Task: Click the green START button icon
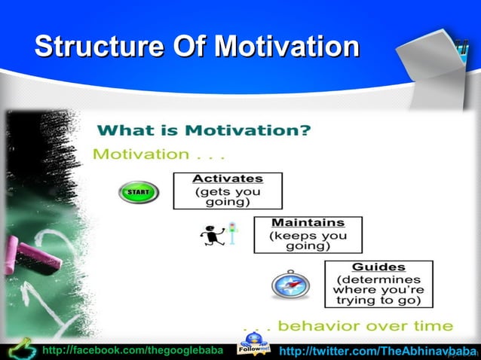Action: click(x=139, y=193)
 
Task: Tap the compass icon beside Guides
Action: click(x=290, y=285)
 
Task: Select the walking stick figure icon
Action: click(x=210, y=236)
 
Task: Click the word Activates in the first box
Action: click(x=228, y=179)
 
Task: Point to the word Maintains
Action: click(x=308, y=223)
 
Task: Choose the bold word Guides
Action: click(x=378, y=267)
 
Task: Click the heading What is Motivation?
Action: click(x=204, y=130)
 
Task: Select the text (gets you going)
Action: click(x=228, y=197)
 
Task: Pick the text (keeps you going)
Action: click(x=308, y=241)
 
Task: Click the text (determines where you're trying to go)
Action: click(x=378, y=289)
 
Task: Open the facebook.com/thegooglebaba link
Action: click(x=133, y=350)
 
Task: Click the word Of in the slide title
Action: click(x=185, y=46)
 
